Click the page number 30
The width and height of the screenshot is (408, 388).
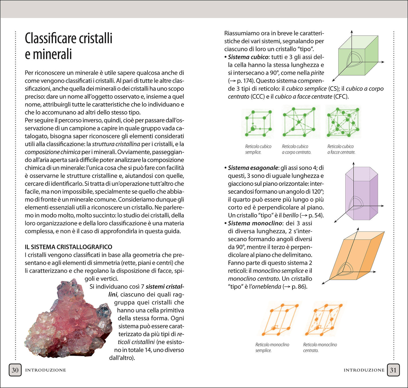coord(15,370)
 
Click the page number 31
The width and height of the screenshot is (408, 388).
coord(393,370)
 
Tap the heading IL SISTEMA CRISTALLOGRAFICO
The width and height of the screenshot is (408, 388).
coord(68,247)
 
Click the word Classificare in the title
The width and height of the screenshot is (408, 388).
coord(50,38)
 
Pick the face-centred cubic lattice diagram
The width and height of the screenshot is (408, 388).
coord(343,122)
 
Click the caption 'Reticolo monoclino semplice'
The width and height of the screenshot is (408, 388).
coord(272,347)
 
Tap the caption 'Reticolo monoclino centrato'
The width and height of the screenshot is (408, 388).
coord(320,347)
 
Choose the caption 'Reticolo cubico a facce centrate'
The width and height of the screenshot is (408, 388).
coord(341,149)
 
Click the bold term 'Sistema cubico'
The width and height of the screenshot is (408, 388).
coord(248,57)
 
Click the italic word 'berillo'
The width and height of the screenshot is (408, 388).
coord(291,215)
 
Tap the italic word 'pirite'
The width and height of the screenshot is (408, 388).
coord(317,73)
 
